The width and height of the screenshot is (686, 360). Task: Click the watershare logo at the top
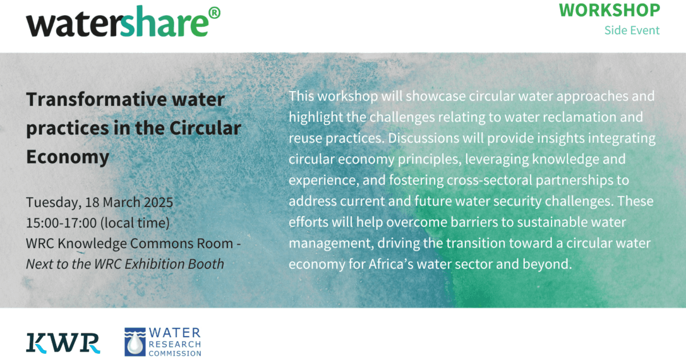[123, 22]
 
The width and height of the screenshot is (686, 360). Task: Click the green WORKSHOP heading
[609, 10]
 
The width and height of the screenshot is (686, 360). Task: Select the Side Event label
[632, 30]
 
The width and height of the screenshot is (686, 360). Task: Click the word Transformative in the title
[96, 99]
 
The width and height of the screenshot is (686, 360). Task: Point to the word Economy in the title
[67, 157]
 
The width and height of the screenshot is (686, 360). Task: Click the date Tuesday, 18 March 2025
[99, 202]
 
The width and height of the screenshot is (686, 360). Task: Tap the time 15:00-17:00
[61, 223]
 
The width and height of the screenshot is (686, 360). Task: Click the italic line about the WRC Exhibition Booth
[125, 264]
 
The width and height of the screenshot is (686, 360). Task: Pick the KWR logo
[63, 343]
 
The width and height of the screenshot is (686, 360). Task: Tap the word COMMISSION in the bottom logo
[175, 354]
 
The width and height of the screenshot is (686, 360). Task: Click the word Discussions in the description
[424, 138]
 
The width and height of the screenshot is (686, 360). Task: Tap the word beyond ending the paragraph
[547, 264]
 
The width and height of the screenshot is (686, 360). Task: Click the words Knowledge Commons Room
[145, 243]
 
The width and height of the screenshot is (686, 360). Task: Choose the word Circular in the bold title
[205, 128]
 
